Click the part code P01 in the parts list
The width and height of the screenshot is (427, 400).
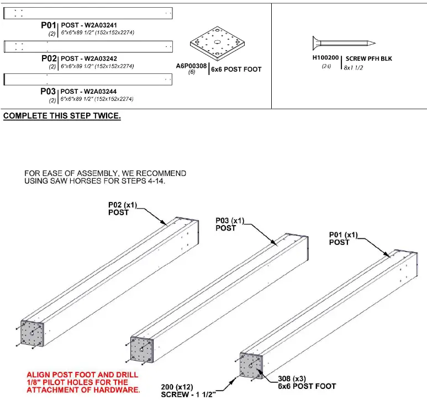[49, 25]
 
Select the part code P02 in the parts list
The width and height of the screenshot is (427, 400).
[49, 58]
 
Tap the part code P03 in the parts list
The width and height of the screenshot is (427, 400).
[49, 91]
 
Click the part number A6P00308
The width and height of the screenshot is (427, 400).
[191, 66]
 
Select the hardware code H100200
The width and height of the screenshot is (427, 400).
[325, 58]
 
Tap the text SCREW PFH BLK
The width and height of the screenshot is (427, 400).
[368, 58]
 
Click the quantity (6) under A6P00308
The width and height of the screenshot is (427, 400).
[192, 72]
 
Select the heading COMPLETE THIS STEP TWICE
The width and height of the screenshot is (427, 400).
[62, 116]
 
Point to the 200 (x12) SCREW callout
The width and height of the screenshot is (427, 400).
[185, 390]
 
